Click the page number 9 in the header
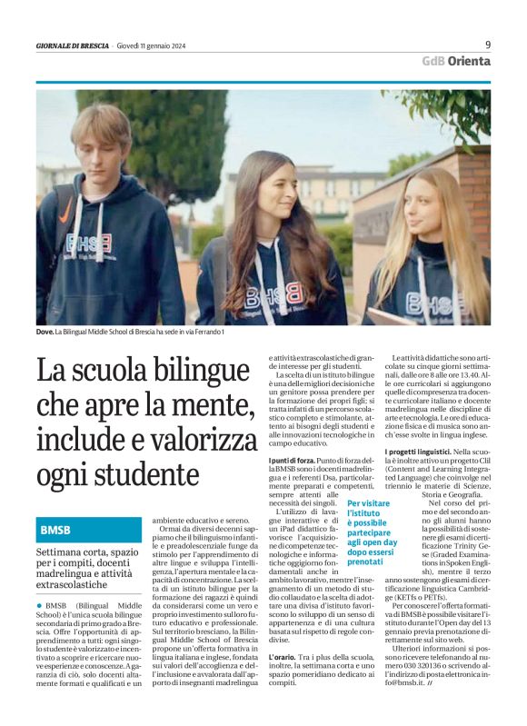(x=488, y=44)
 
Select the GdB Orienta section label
(x=455, y=61)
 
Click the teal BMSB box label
(x=56, y=529)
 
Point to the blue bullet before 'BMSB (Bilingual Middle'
(x=40, y=604)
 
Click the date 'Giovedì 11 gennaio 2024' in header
(x=156, y=45)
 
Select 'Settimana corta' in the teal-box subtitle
(x=71, y=552)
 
